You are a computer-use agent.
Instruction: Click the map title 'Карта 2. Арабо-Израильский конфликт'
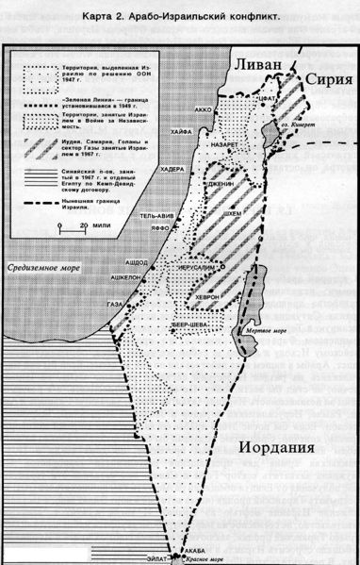click(x=179, y=18)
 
